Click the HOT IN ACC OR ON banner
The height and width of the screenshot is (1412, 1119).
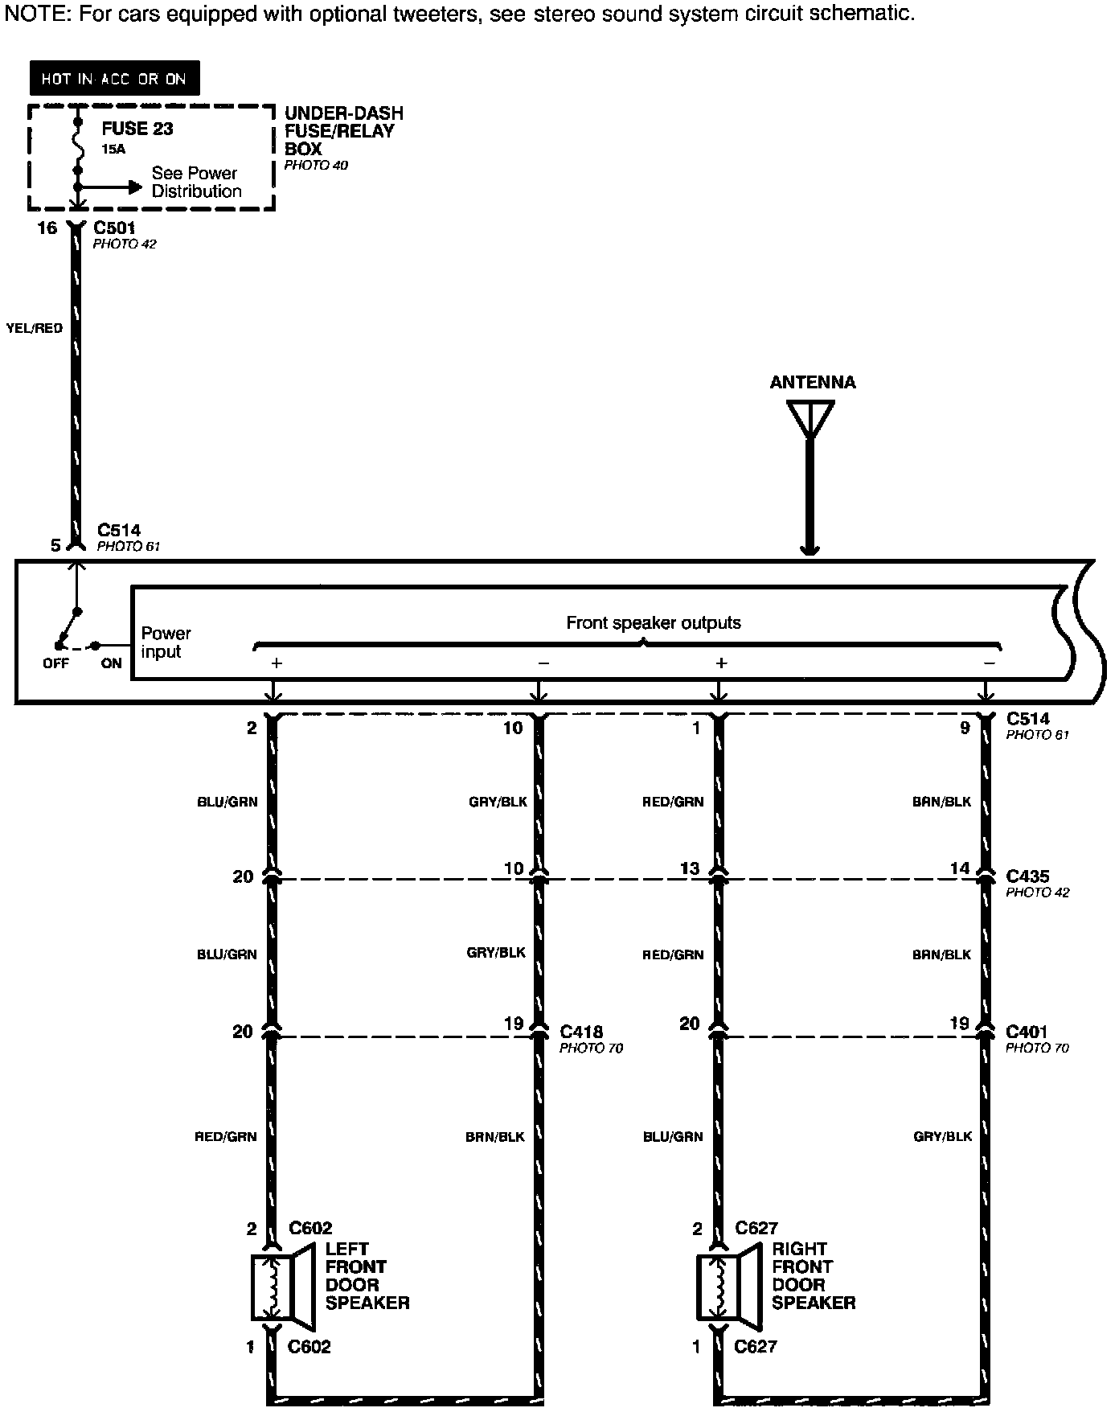click(114, 79)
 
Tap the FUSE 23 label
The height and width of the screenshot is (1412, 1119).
click(137, 129)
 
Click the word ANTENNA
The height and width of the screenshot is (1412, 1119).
click(812, 383)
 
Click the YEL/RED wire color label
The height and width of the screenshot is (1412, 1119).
click(34, 328)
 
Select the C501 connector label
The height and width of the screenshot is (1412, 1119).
click(114, 228)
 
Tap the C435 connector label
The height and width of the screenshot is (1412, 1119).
click(1027, 876)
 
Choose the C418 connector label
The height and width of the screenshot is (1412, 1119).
click(581, 1032)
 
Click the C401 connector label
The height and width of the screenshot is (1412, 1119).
click(1027, 1032)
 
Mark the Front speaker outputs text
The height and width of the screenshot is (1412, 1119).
click(654, 622)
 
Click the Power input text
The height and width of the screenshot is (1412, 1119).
click(166, 642)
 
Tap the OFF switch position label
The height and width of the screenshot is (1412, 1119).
click(55, 663)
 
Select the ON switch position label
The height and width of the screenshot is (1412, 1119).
click(111, 663)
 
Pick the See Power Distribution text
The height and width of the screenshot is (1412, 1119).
click(195, 183)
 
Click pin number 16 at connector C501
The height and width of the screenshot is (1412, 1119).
click(47, 228)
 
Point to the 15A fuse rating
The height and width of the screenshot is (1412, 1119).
click(113, 150)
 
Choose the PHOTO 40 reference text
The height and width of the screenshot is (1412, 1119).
click(316, 166)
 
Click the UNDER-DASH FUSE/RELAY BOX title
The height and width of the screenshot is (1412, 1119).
click(343, 131)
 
